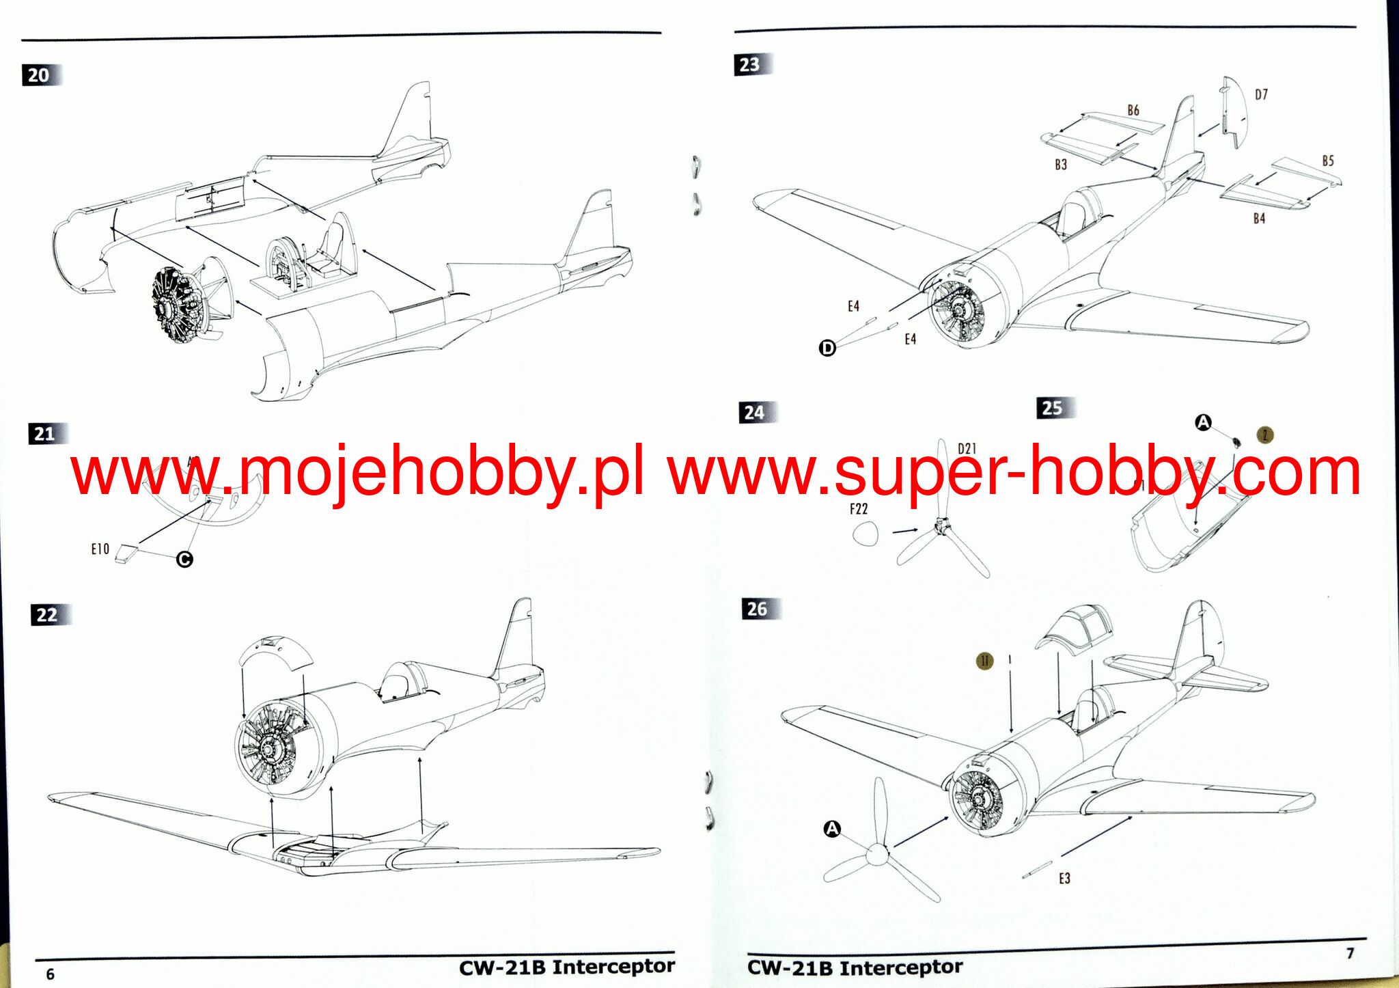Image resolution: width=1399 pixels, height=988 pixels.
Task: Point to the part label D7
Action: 1261,95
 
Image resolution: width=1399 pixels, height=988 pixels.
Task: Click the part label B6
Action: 1133,110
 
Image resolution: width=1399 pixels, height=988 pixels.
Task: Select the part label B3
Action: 1060,165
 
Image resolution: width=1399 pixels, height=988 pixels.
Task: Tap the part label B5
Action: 1327,161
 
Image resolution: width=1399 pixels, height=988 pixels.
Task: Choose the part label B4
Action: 1259,219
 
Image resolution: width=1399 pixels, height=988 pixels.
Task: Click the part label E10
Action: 100,549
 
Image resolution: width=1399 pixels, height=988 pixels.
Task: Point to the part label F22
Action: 859,509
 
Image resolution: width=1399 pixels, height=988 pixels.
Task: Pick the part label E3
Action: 1064,879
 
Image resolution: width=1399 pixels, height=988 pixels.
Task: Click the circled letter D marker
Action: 827,348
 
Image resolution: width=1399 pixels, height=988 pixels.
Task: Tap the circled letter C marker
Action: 184,560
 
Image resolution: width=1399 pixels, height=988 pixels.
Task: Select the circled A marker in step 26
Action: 832,829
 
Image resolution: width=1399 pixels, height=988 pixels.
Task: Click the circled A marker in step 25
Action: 1203,423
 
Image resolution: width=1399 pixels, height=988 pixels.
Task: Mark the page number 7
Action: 1350,953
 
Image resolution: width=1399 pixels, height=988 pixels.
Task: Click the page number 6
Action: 50,974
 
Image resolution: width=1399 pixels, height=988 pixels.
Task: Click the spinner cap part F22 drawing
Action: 866,533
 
